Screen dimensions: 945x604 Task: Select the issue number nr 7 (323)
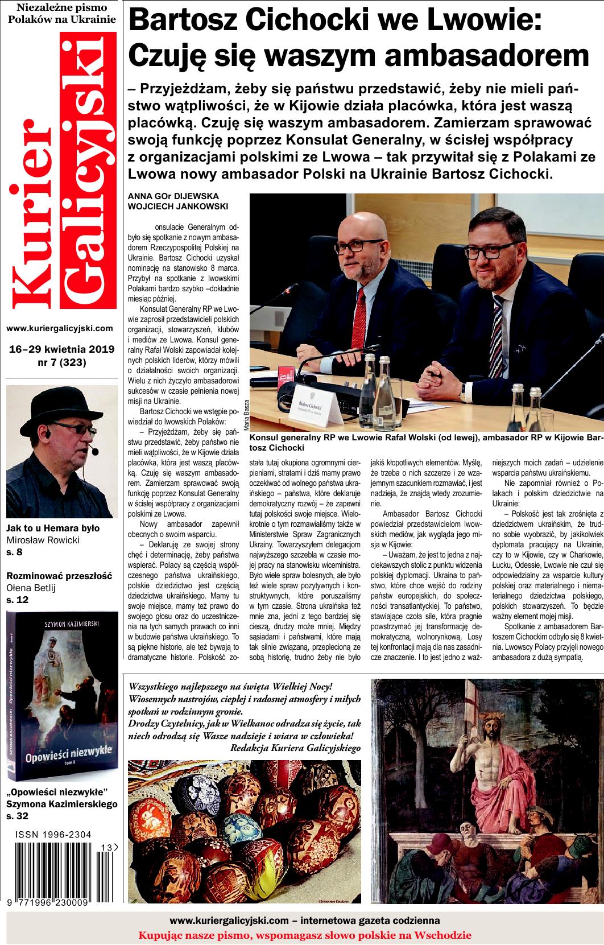point(61,361)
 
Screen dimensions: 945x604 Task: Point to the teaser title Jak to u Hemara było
point(53,528)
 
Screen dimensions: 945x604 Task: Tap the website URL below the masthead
point(60,328)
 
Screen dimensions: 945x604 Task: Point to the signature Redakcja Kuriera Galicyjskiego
point(296,748)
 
